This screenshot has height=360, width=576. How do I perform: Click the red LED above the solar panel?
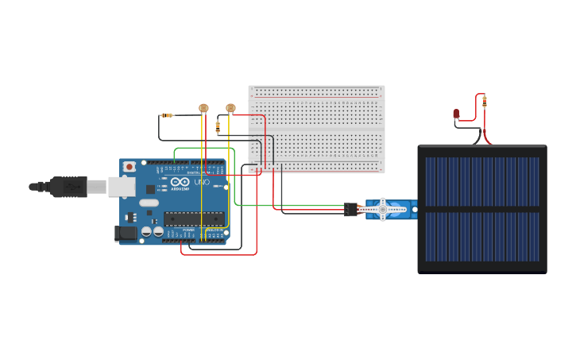[456, 114]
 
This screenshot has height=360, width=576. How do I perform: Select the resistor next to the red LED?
[485, 101]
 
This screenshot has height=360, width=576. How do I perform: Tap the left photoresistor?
[203, 108]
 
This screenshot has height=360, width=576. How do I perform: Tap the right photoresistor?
[230, 108]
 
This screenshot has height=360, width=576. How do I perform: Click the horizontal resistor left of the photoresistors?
[167, 115]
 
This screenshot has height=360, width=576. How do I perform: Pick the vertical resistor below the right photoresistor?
[218, 127]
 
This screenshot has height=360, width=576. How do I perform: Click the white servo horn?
[383, 210]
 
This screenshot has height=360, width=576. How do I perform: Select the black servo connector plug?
[350, 210]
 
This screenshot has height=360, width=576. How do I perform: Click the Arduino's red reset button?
[129, 167]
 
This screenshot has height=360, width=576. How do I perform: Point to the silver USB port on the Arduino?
[122, 187]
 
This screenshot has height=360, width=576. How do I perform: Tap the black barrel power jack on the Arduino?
[124, 233]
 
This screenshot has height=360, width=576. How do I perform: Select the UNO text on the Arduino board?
[202, 182]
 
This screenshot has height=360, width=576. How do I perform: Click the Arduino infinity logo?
[176, 182]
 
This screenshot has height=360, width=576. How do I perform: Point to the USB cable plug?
[70, 187]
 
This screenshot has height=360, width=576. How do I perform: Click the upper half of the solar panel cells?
[482, 181]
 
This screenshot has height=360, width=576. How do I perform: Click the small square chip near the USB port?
[150, 190]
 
